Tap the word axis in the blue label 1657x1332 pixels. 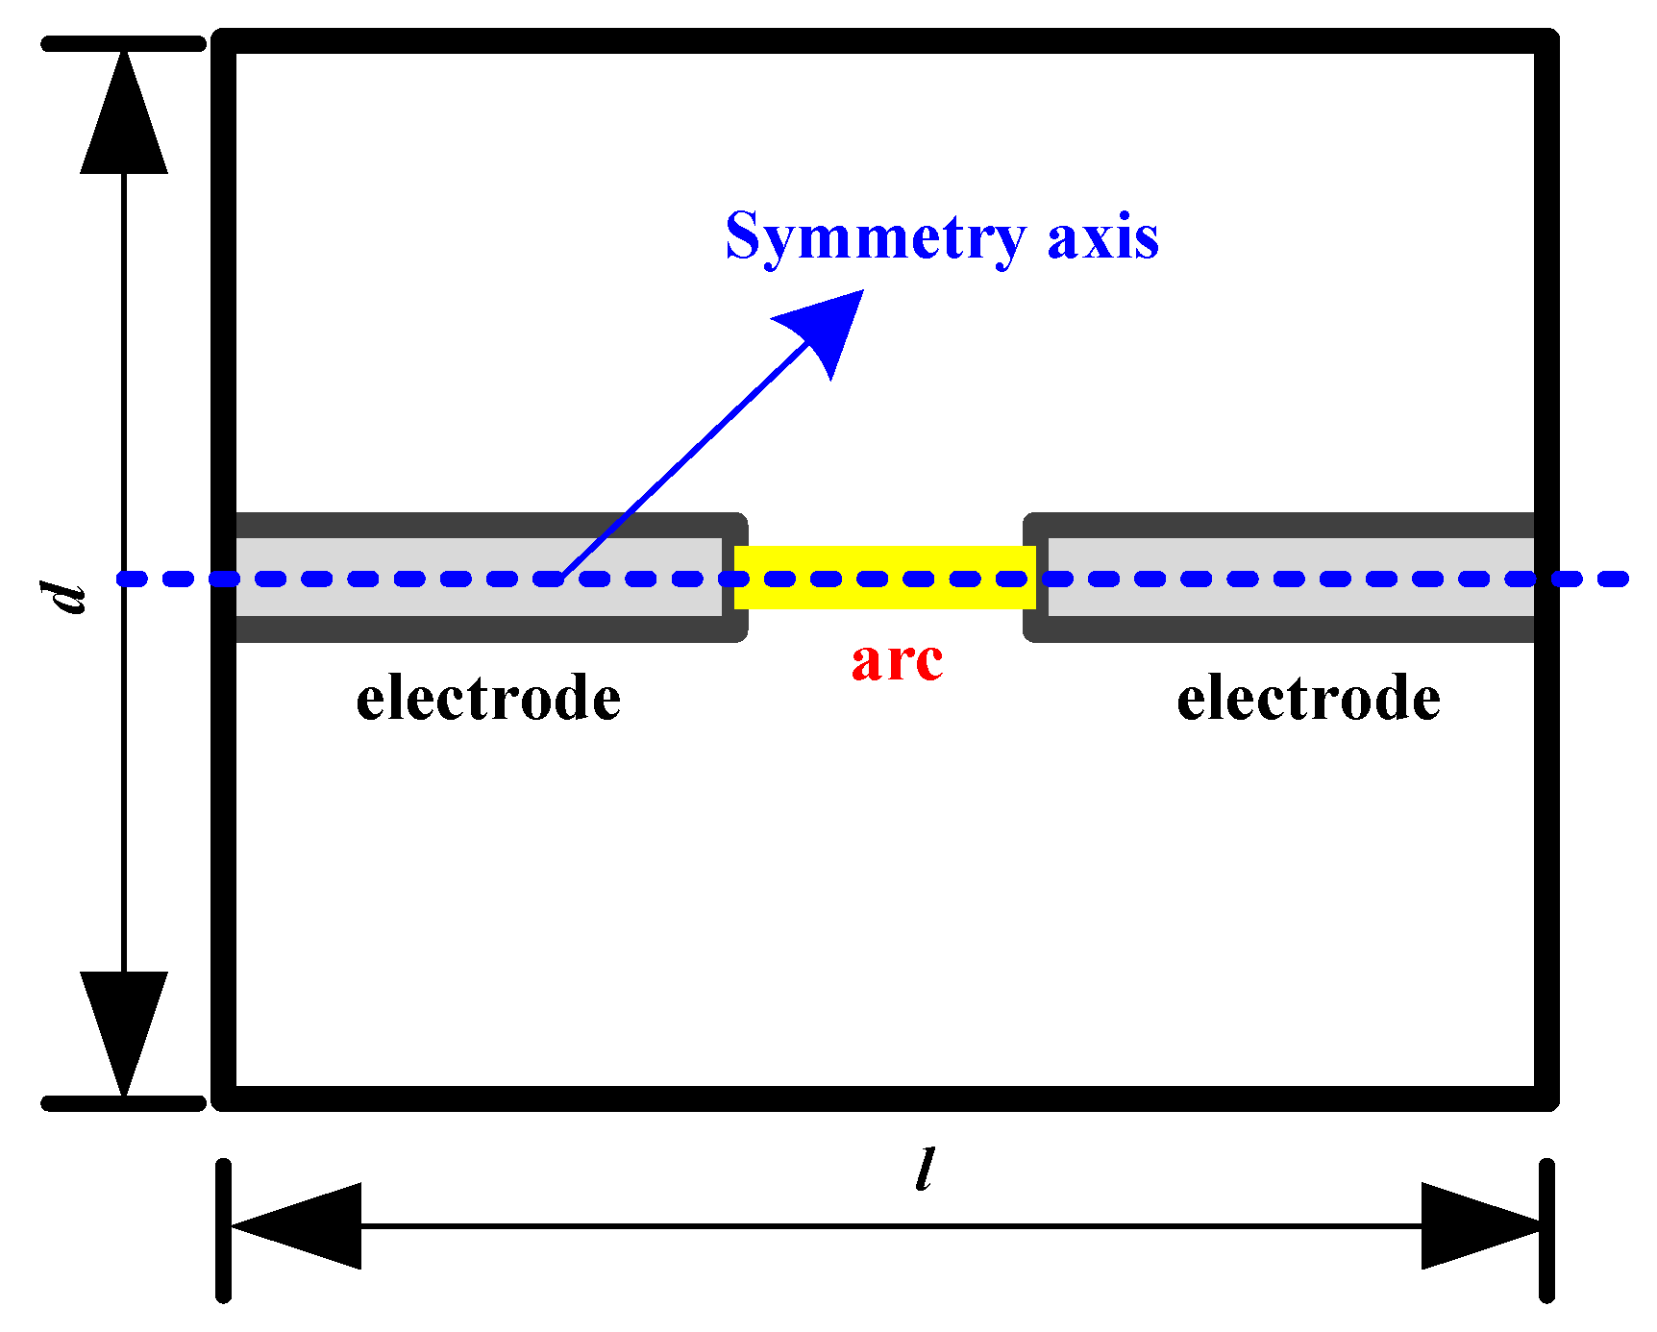tap(1102, 236)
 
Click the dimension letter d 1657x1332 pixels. tap(69, 597)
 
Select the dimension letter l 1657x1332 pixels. tap(925, 1171)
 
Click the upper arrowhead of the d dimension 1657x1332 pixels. tap(124, 115)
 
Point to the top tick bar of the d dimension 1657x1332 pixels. tap(124, 43)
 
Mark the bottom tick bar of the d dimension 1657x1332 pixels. tap(124, 1103)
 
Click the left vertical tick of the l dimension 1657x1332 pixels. tap(224, 1230)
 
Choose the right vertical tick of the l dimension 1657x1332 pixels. tap(1546, 1230)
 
